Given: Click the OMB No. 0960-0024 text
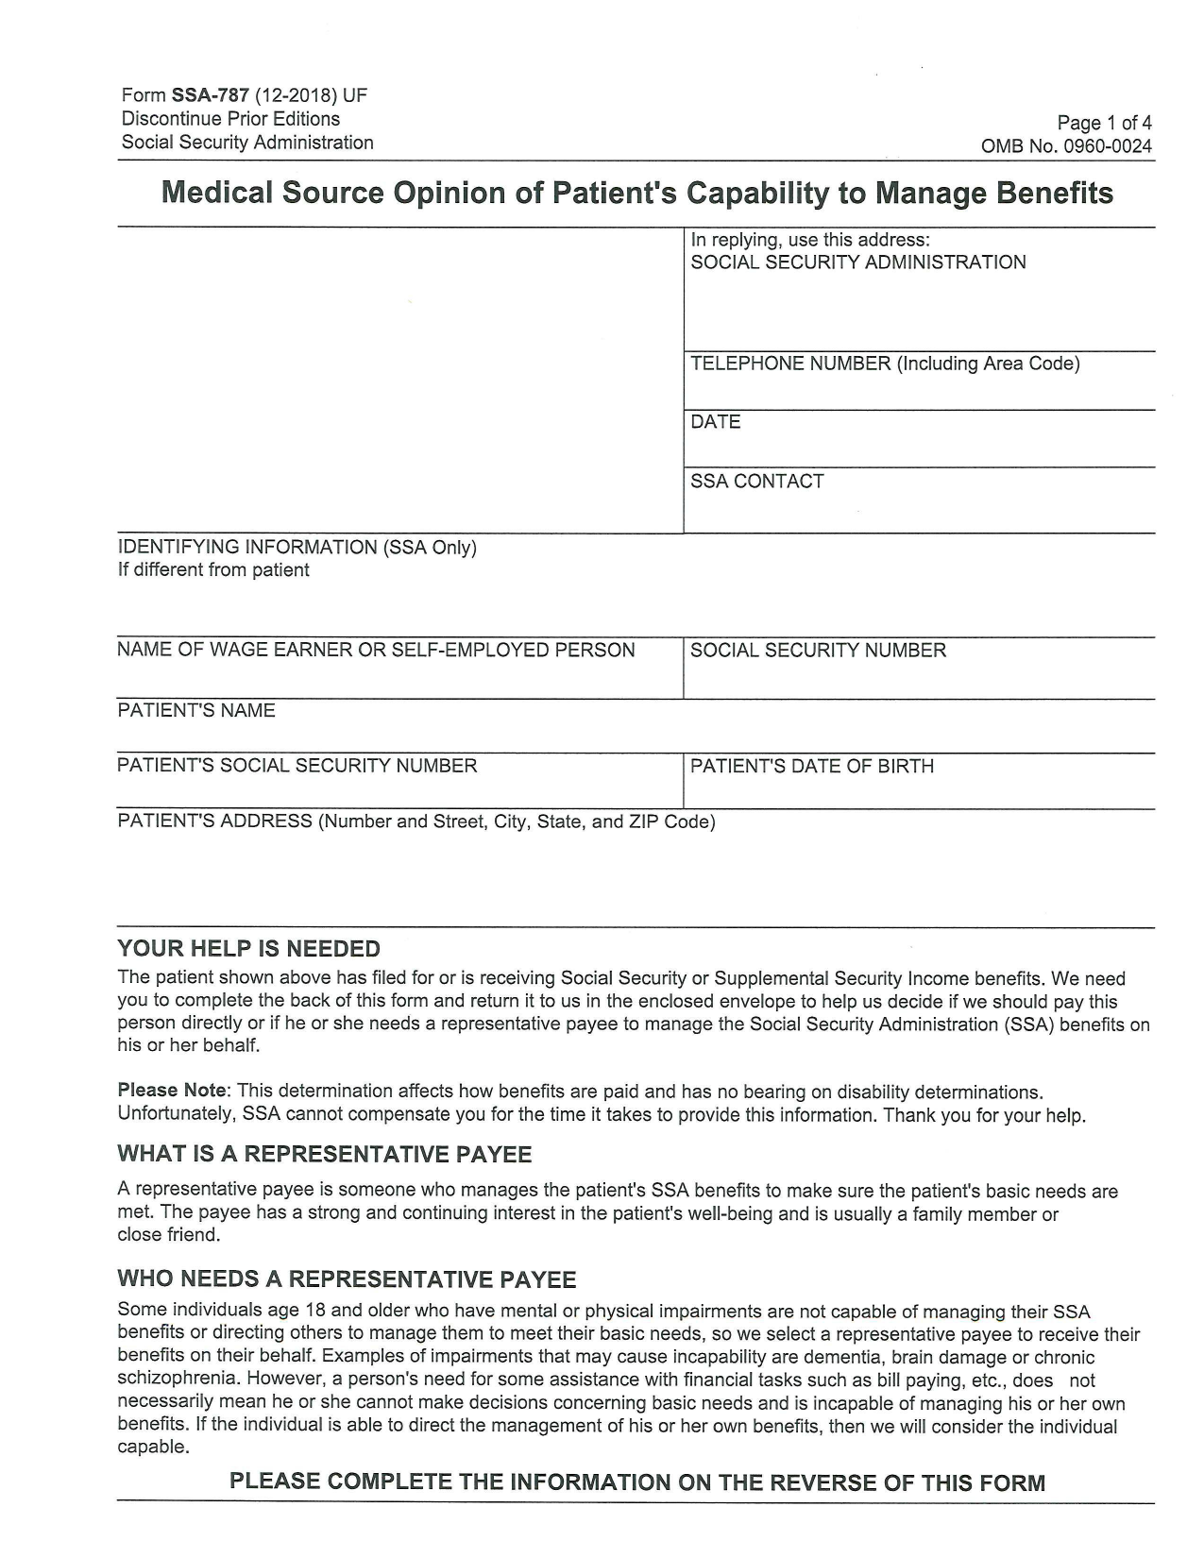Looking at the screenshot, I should pyautogui.click(x=1066, y=146).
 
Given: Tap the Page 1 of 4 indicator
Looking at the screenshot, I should pyautogui.click(x=1104, y=123).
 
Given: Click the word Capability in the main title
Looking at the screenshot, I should pyautogui.click(x=755, y=194).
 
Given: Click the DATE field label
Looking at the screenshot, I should pyautogui.click(x=715, y=422).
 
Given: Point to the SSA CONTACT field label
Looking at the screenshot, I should pyautogui.click(x=756, y=482).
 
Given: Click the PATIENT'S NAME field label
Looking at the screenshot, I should pyautogui.click(x=196, y=711).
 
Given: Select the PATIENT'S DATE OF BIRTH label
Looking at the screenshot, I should pyautogui.click(x=811, y=767).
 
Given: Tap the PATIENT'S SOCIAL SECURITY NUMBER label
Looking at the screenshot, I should pyautogui.click(x=297, y=766).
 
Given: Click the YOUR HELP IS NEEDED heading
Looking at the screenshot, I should pyautogui.click(x=248, y=949).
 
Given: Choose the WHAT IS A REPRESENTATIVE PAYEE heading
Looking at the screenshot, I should pyautogui.click(x=324, y=1155).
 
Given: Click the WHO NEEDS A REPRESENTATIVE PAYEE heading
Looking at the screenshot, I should pyautogui.click(x=346, y=1279).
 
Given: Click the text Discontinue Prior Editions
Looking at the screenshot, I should pyautogui.click(x=230, y=119).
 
